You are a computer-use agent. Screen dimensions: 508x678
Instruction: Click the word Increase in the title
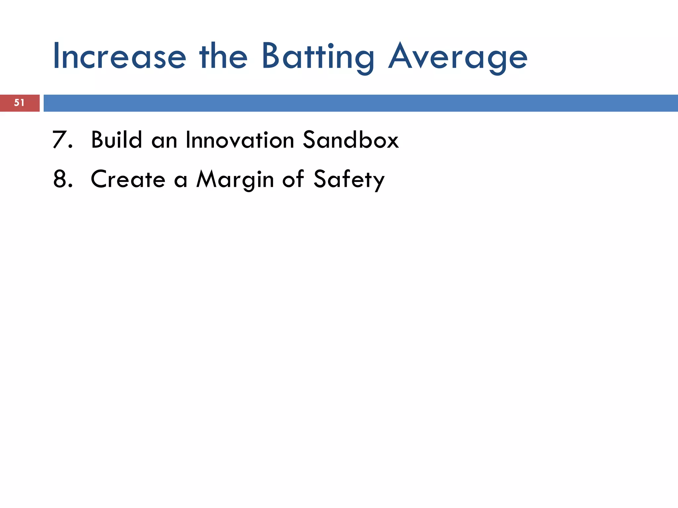point(119,57)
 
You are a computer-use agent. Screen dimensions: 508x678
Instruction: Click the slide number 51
point(19,103)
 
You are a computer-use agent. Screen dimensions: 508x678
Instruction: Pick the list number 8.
point(62,179)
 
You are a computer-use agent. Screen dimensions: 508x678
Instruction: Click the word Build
point(116,140)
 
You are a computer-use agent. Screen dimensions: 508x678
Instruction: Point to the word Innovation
point(240,140)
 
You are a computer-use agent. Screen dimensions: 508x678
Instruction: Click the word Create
point(128,179)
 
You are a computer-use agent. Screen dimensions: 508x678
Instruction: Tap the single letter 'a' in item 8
point(181,180)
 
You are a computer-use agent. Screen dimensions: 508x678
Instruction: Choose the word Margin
point(235,180)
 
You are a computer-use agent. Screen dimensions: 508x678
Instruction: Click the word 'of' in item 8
point(293,179)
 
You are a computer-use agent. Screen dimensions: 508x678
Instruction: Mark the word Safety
point(349,180)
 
